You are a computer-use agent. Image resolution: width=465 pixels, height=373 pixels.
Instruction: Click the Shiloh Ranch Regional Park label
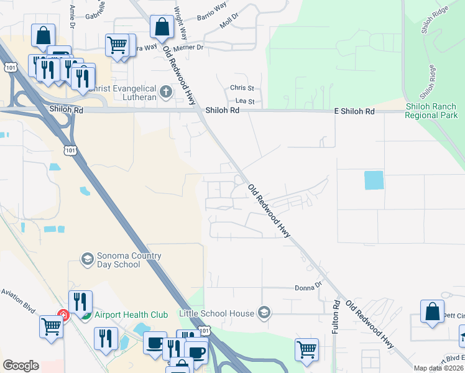pos(431,111)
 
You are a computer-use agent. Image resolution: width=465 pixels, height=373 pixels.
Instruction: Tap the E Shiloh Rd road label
pos(352,111)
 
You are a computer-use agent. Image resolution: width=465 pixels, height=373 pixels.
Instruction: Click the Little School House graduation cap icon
pos(264,311)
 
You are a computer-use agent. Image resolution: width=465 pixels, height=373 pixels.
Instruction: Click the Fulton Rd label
pos(335,317)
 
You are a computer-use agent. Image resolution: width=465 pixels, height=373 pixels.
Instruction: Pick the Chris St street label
pos(242,88)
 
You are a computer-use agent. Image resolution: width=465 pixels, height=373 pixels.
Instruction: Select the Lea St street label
pos(245,101)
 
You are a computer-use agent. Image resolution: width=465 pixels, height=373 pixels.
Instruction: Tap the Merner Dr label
pos(190,47)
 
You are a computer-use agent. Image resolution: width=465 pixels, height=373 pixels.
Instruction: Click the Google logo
pos(21,365)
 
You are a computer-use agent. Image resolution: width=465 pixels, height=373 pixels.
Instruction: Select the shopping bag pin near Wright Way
pos(162,27)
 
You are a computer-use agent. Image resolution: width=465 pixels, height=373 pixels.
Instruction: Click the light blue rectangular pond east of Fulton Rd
pos(374,180)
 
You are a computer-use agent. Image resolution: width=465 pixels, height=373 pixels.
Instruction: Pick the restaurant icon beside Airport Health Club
pos(81,303)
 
